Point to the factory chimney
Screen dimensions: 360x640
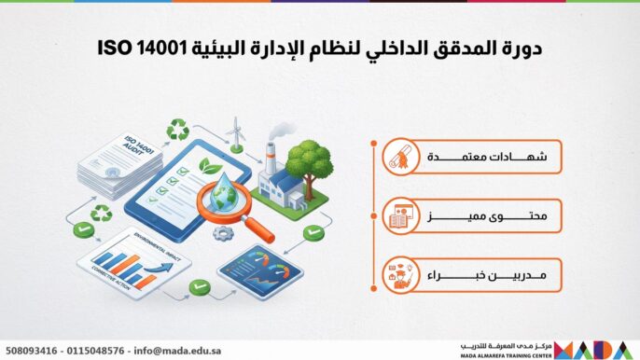pyautogui.click(x=271, y=158)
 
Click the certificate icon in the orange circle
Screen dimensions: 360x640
pyautogui.click(x=400, y=157)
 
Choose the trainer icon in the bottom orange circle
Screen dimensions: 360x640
pyautogui.click(x=400, y=278)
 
